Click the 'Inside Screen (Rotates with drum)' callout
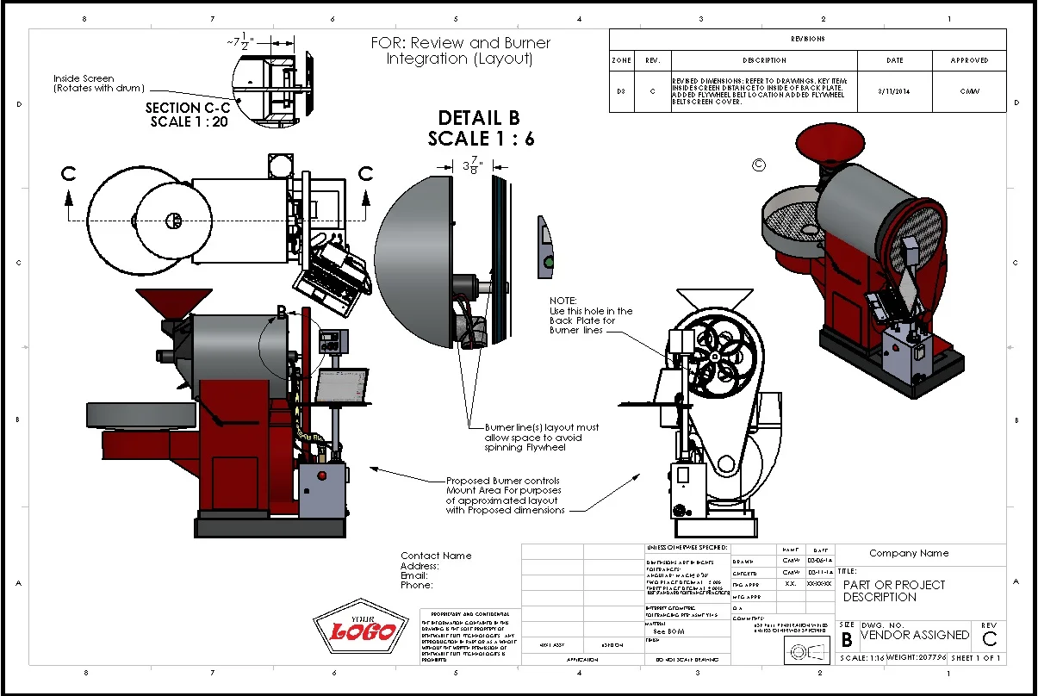tap(99, 84)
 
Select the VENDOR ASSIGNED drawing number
tap(914, 635)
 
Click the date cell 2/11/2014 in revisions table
tap(894, 90)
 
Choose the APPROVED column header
tap(969, 60)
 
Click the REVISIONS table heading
tap(807, 39)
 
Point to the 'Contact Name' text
tap(436, 556)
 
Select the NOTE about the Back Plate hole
tap(591, 315)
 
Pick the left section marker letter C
tap(69, 174)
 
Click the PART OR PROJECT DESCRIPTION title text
tap(893, 591)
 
